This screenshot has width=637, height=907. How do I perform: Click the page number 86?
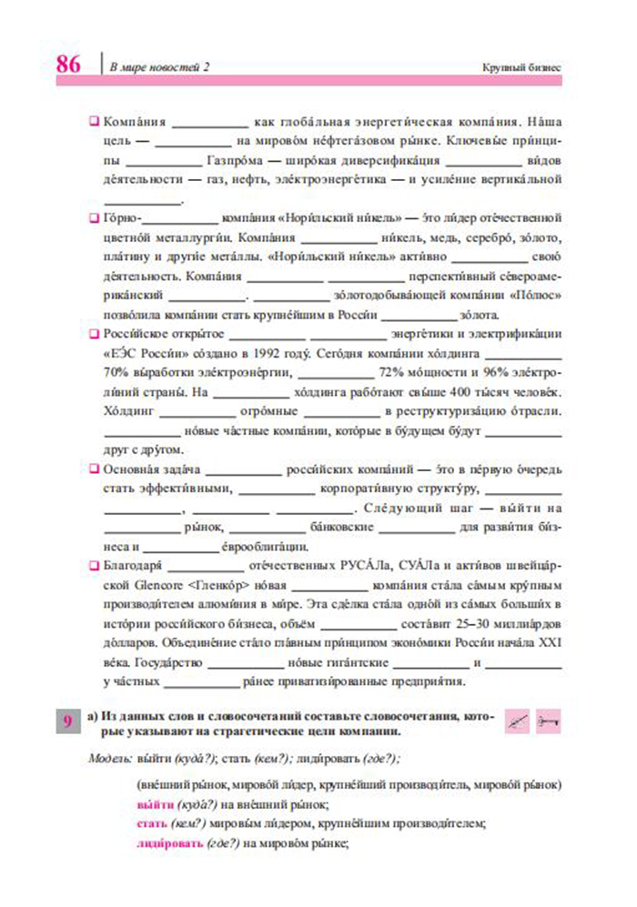(68, 66)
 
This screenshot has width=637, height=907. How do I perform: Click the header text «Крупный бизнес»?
(521, 68)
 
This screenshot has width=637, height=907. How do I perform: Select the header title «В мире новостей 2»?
(159, 68)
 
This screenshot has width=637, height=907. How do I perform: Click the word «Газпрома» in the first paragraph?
(238, 161)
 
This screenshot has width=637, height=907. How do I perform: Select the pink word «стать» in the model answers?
(151, 824)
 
